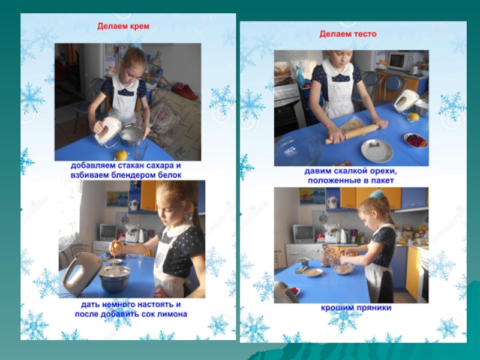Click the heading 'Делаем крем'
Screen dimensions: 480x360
[124, 26]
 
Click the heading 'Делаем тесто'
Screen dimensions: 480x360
[348, 34]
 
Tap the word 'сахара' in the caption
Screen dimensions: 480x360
[160, 166]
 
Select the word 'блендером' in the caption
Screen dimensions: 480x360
[134, 175]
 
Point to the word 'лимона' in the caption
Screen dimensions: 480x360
[173, 314]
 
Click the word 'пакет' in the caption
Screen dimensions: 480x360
[382, 181]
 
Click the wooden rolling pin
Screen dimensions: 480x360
[352, 133]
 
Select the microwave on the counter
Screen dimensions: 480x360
[398, 61]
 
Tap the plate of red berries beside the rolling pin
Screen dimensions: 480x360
[416, 140]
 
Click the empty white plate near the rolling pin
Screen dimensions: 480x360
[377, 151]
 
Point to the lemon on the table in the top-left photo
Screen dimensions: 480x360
[121, 155]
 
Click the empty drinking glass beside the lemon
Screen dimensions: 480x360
[140, 149]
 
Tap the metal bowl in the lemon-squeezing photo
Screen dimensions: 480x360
[115, 278]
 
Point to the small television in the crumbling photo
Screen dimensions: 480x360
[304, 233]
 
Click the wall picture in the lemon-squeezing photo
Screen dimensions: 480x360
[118, 199]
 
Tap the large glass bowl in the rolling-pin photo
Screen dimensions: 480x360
[298, 149]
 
